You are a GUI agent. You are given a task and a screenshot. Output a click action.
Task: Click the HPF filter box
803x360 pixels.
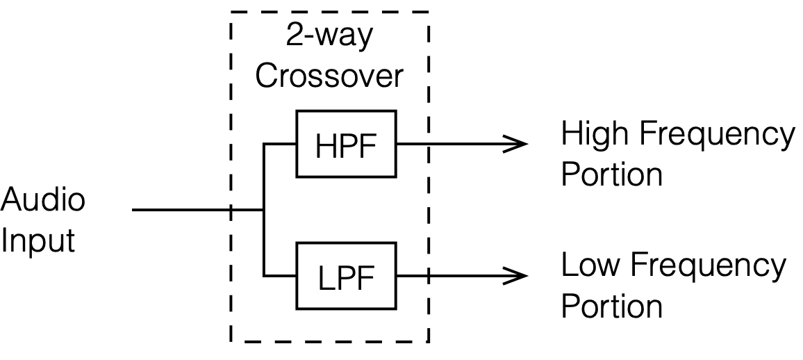(x=346, y=143)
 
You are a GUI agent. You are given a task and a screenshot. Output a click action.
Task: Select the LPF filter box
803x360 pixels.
(x=346, y=275)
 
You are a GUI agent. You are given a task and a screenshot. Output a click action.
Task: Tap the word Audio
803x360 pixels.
(x=43, y=200)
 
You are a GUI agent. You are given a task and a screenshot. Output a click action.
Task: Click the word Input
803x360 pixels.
(x=38, y=241)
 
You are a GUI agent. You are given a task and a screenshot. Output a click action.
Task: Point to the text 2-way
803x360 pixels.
(x=329, y=36)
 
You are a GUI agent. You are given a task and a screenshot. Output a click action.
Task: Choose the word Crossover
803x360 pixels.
(x=329, y=76)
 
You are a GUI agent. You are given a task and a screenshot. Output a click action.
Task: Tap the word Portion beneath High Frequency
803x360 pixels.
(x=611, y=174)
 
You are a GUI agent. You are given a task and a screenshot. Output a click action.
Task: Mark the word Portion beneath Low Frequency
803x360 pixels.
(x=611, y=306)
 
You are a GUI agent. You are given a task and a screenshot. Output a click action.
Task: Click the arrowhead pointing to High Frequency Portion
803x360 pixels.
(x=518, y=144)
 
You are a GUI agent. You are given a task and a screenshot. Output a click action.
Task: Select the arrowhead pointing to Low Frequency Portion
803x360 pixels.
(x=518, y=275)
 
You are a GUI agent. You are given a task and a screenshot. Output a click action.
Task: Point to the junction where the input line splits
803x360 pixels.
(x=264, y=209)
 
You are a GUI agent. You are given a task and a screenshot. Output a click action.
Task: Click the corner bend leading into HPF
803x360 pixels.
(x=264, y=144)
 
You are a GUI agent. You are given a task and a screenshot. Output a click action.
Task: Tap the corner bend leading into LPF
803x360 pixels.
(x=264, y=275)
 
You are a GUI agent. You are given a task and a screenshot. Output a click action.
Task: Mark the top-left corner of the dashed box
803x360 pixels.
(x=231, y=12)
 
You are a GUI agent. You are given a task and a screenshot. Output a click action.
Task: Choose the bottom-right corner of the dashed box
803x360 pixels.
(x=428, y=341)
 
